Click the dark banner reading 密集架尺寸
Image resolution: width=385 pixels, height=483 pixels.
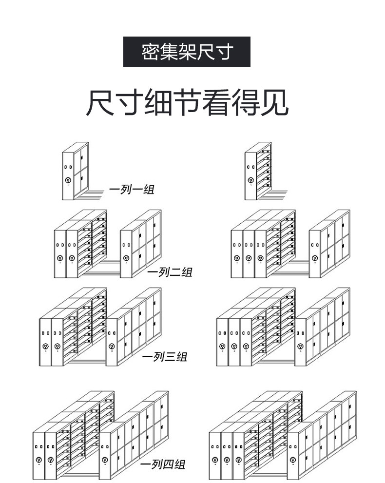coord(187,51)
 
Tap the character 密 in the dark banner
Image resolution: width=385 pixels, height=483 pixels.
coord(149,52)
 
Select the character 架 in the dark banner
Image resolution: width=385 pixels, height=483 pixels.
coord(187,52)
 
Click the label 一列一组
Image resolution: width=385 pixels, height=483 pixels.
coord(131,189)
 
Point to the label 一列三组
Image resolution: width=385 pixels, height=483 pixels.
coord(164,357)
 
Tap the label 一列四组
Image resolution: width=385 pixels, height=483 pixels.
coord(163,464)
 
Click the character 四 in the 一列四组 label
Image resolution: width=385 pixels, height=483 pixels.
coord(168,464)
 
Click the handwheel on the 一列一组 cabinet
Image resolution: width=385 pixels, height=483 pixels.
coord(68,180)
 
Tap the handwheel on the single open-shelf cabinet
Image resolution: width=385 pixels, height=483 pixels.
coord(250,180)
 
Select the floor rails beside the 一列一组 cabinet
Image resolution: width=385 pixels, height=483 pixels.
coord(93,193)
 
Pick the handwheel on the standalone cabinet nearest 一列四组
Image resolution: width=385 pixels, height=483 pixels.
coord(105,459)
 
